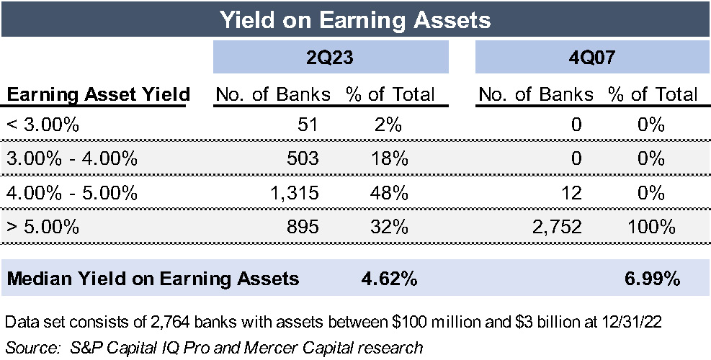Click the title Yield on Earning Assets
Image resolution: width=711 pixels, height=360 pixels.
pos(355,19)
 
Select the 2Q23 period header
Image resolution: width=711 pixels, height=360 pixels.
pos(331,57)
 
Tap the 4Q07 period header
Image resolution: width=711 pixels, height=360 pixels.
pos(591,57)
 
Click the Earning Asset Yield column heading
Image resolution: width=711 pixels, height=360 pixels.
pos(98,94)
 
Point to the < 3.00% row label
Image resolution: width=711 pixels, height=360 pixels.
pos(43,125)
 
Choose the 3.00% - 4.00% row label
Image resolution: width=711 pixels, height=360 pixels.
pos(71,159)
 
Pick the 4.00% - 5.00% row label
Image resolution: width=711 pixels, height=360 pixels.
pos(71,193)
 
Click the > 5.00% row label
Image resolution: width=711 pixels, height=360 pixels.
pos(43,227)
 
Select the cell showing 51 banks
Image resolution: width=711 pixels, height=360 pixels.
pos(307,125)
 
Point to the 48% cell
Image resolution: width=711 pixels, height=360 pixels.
pos(390,193)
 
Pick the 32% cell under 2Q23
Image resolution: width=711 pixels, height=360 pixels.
pos(390,227)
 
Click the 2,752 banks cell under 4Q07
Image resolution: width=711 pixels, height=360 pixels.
pos(555,227)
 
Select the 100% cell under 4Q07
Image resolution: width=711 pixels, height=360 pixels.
pos(651,227)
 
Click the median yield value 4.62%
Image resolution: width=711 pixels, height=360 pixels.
pos(389,279)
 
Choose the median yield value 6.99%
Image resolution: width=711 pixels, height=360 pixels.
pos(651,279)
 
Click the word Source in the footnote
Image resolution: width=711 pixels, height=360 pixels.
pos(28,347)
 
